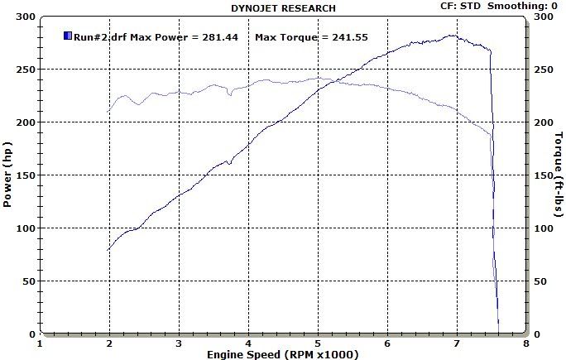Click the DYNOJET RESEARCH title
click(284, 7)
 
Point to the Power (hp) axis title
click(8, 175)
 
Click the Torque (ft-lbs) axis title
click(559, 175)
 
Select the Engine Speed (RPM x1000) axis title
click(284, 353)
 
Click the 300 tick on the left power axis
click(25, 17)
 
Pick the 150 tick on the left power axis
click(25, 175)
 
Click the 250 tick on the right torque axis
click(541, 70)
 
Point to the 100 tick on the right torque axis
click(541, 228)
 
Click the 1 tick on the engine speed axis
click(40, 343)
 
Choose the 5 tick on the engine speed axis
click(318, 343)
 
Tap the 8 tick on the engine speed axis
click(526, 343)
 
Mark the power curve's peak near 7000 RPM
click(451, 36)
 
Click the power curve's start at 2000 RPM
click(109, 249)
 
